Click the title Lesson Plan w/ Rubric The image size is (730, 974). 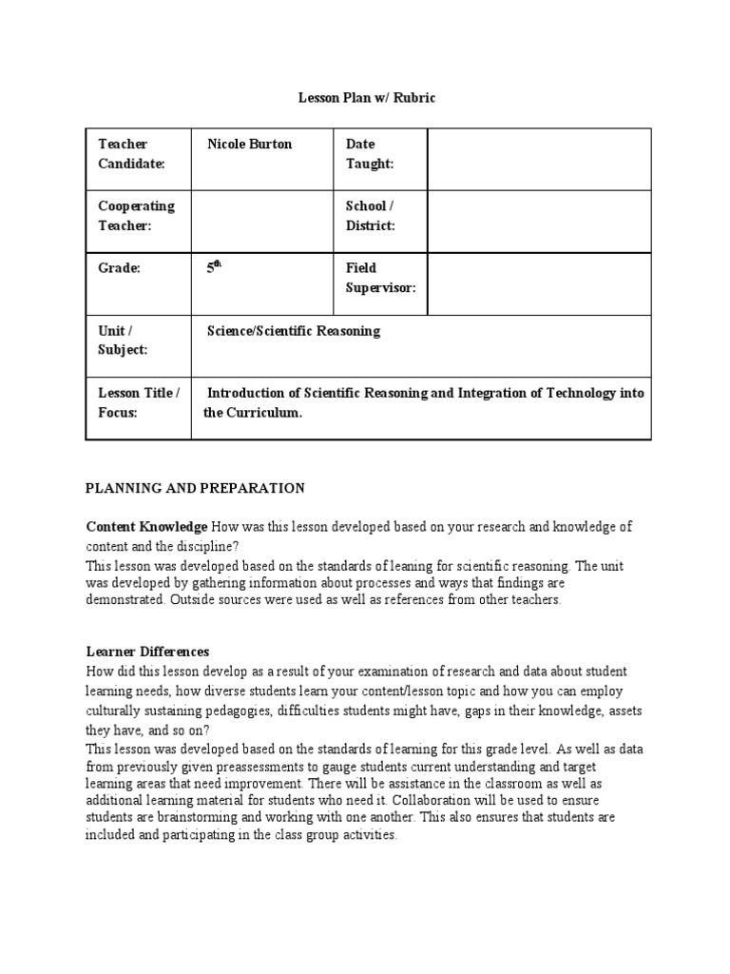point(367,98)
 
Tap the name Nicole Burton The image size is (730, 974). point(250,145)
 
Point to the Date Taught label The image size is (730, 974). point(369,154)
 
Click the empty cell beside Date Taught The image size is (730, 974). point(539,159)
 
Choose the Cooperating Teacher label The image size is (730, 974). point(136,216)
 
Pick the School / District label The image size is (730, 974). point(370,216)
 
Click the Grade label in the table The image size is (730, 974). point(119,268)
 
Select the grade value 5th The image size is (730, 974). point(214,268)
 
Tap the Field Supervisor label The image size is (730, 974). point(380,278)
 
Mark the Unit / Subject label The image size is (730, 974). point(123,340)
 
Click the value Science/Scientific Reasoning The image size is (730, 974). point(294,331)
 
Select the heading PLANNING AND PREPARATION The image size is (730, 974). point(195,488)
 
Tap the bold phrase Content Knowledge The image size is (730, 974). point(146,526)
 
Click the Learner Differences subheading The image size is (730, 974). point(147,652)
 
